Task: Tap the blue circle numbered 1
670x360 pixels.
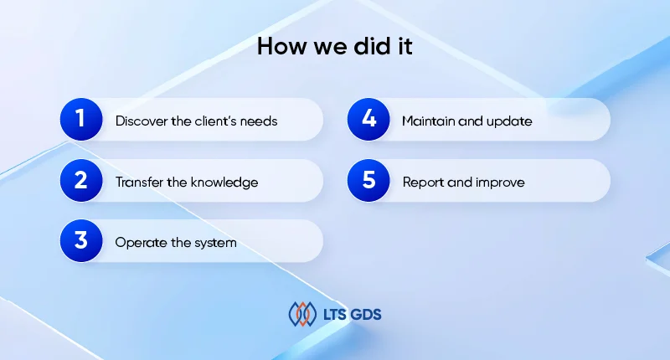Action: click(80, 120)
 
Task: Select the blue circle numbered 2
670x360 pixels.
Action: click(80, 181)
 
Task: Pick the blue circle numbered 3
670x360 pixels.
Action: click(80, 241)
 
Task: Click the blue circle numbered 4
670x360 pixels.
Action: click(368, 120)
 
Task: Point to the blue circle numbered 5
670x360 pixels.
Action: click(368, 181)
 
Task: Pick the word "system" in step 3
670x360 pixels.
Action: click(216, 243)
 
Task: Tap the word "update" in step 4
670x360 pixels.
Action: click(508, 121)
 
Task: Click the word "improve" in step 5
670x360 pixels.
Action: click(500, 182)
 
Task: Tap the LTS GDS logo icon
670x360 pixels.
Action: click(302, 314)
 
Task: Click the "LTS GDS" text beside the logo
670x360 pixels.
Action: click(351, 315)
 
